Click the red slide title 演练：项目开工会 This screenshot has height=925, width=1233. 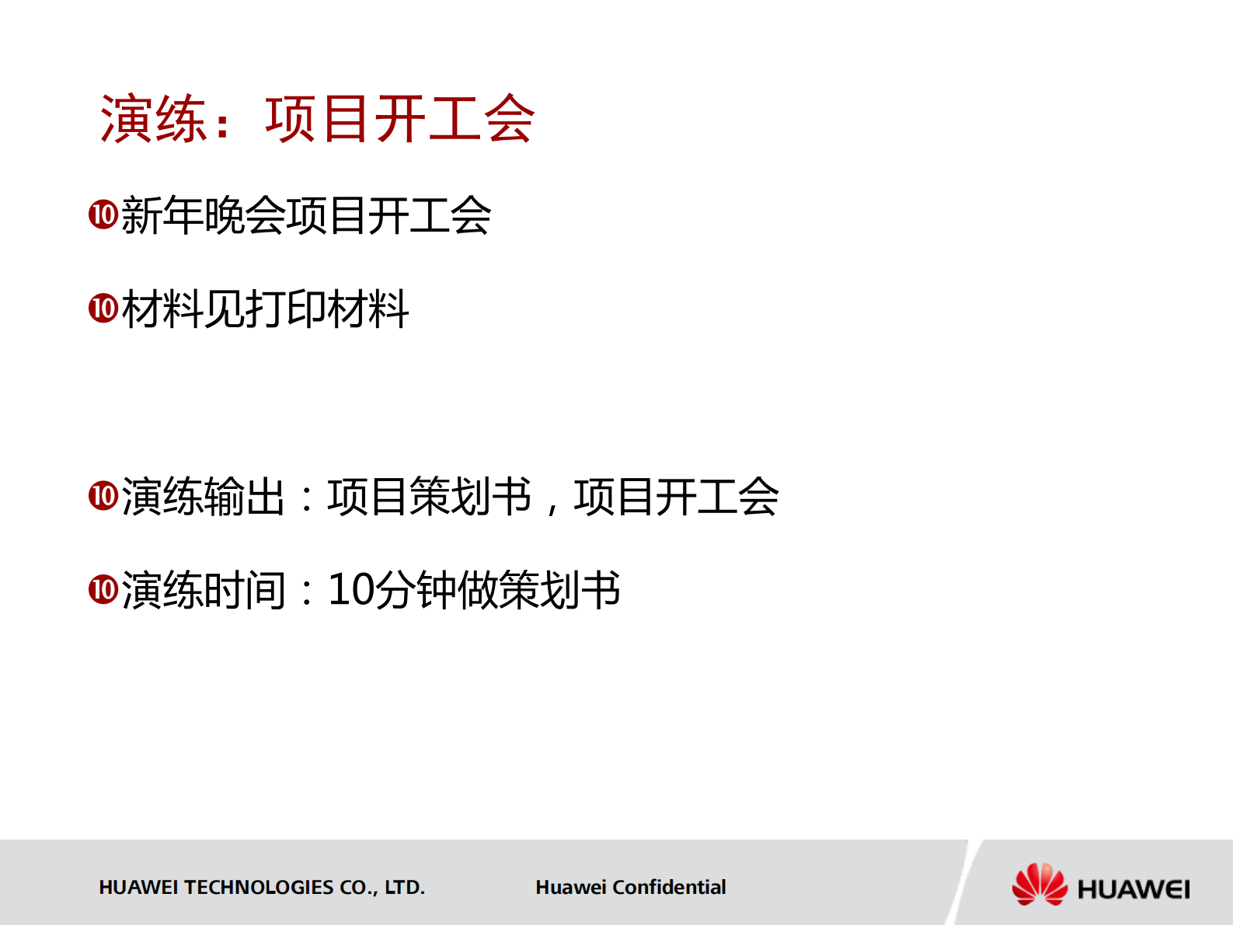(317, 120)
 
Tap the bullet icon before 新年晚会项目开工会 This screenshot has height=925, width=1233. (103, 215)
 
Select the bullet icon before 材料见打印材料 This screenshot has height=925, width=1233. (103, 309)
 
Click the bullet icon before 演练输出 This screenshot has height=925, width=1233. (103, 496)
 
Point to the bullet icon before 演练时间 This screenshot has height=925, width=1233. (103, 589)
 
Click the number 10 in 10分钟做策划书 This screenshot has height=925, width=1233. (351, 589)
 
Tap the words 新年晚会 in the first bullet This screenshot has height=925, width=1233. (204, 215)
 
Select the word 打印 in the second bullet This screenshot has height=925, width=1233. (286, 309)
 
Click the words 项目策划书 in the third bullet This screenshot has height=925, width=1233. (430, 496)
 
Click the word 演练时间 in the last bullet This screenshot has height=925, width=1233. (204, 589)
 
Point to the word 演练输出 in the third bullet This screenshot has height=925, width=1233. (204, 496)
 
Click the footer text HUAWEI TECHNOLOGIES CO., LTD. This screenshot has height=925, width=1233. (262, 887)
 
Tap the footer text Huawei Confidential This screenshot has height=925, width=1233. (630, 887)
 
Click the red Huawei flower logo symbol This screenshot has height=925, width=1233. (1040, 885)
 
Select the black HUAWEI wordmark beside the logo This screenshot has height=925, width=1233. (1133, 888)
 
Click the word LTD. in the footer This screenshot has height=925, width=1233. (405, 887)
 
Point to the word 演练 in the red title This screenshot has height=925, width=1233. (153, 120)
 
